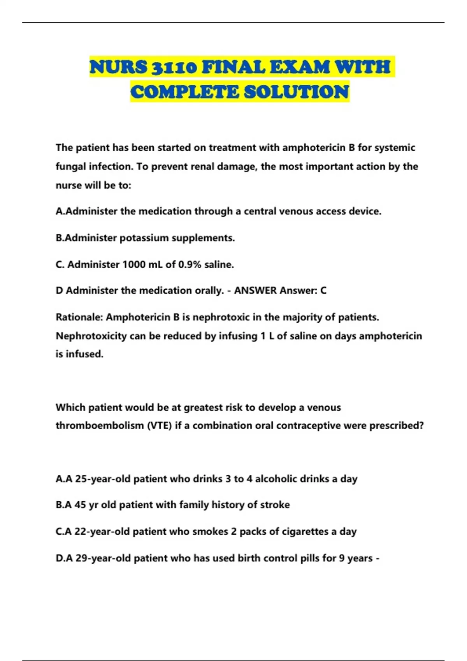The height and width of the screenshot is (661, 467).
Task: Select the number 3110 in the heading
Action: [174, 67]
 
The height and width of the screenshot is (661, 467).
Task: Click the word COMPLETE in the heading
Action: [185, 92]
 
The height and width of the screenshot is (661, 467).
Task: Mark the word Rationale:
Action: [79, 317]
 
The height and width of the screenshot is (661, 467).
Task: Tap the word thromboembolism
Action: [100, 425]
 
